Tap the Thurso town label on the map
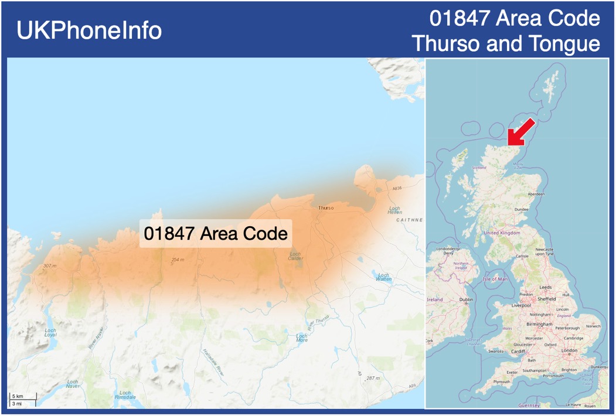coord(326,208)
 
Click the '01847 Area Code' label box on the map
coord(215,233)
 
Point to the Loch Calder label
coord(295,255)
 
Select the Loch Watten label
coord(383,277)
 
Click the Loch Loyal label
coord(50,332)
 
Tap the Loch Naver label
coord(73,384)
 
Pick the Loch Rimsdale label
coord(125,394)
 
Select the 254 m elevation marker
coord(177,260)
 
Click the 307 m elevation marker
coord(50,266)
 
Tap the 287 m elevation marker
coord(373,378)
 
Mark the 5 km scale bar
coord(22,397)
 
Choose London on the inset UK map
coord(569,350)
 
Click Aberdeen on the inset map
coord(536,194)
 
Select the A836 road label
coord(397,188)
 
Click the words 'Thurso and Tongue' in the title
coord(506,43)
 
